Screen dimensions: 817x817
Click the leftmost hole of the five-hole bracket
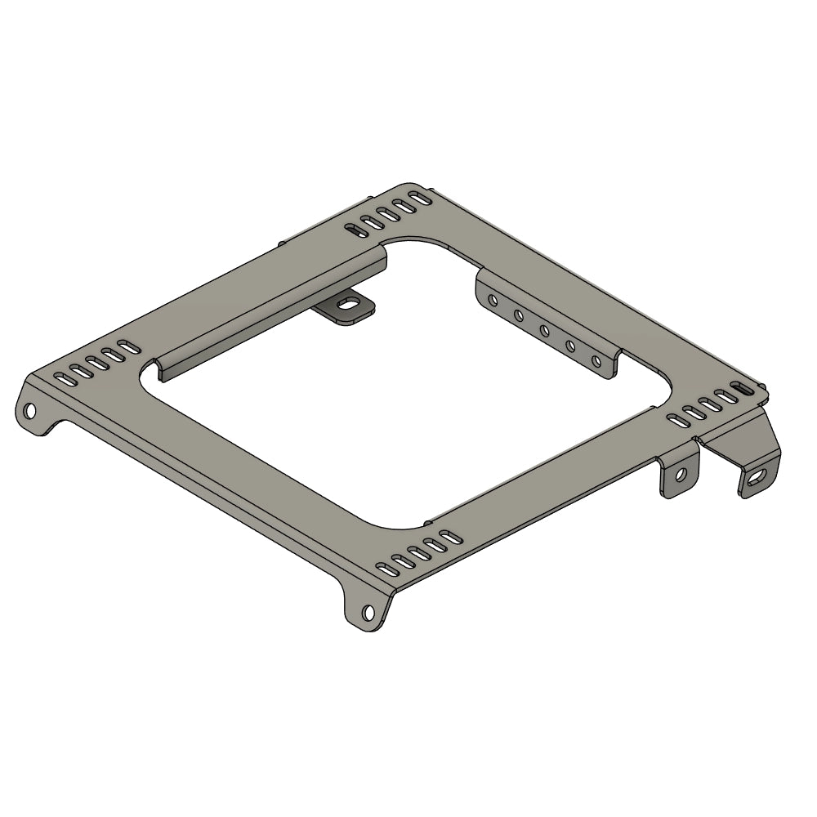coord(493,301)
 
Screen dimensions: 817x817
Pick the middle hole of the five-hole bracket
coord(544,330)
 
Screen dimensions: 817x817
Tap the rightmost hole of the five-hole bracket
coord(596,360)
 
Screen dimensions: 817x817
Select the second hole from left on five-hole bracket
coord(519,315)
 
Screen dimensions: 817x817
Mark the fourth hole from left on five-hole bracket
coord(570,346)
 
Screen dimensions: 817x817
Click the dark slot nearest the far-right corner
coord(738,386)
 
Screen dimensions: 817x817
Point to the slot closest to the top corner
coord(420,197)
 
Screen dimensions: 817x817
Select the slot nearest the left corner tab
coord(60,378)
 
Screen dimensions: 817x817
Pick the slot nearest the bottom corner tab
coord(382,569)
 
